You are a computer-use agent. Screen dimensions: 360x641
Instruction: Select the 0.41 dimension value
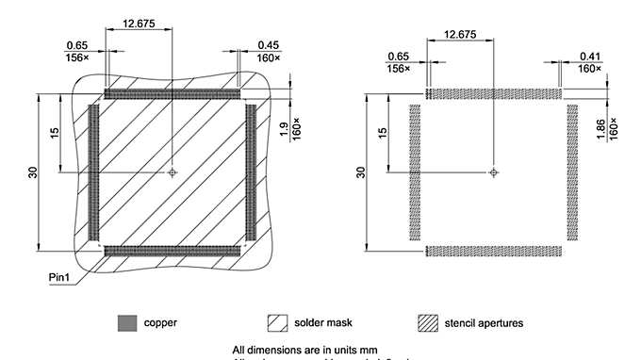coord(564,56)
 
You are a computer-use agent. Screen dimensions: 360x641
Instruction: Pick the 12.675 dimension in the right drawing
coord(459,34)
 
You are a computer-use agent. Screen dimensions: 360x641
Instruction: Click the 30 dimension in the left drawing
coord(32,172)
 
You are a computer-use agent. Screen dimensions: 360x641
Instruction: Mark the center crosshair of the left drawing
coord(173,173)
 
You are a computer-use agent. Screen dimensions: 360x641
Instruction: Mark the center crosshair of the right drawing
coord(492,172)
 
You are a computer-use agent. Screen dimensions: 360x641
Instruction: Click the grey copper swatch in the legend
coord(126,323)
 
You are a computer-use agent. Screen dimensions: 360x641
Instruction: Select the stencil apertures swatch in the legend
coord(430,323)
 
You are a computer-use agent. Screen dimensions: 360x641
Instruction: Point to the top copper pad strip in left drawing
coord(173,95)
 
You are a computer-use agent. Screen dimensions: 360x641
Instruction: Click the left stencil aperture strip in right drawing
coord(414,172)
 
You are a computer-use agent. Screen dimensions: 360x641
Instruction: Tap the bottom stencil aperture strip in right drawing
coord(494,250)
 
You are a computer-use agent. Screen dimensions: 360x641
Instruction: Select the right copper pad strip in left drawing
coord(251,172)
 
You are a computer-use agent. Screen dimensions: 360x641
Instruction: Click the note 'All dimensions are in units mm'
coord(311,349)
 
